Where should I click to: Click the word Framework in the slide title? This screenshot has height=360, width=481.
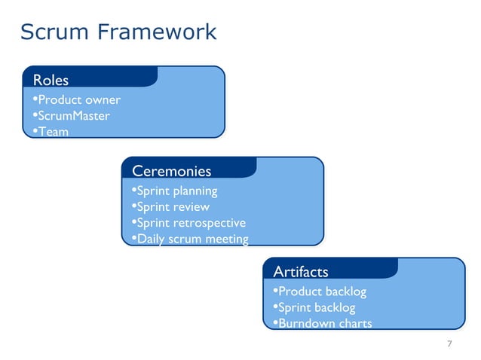coord(158,32)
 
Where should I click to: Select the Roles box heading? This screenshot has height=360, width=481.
coord(51,80)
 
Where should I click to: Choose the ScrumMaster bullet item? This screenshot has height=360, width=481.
coord(73,116)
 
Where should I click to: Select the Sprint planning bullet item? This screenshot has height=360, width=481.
coord(176,191)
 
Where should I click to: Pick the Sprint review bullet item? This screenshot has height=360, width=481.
coord(173,206)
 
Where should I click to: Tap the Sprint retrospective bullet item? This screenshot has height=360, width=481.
coord(191,223)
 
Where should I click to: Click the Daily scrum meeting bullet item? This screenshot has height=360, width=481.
coord(191,239)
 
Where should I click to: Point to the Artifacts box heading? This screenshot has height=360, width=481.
coord(300,271)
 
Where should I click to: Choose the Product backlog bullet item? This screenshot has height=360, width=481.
coord(322,291)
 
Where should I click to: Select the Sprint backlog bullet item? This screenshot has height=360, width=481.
coord(316,307)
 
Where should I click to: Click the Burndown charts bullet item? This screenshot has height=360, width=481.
coord(324,324)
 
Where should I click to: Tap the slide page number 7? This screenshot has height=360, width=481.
coord(449,344)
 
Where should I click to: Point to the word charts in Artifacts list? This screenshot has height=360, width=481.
coord(353,324)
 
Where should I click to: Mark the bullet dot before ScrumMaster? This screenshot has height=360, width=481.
coord(35,115)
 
